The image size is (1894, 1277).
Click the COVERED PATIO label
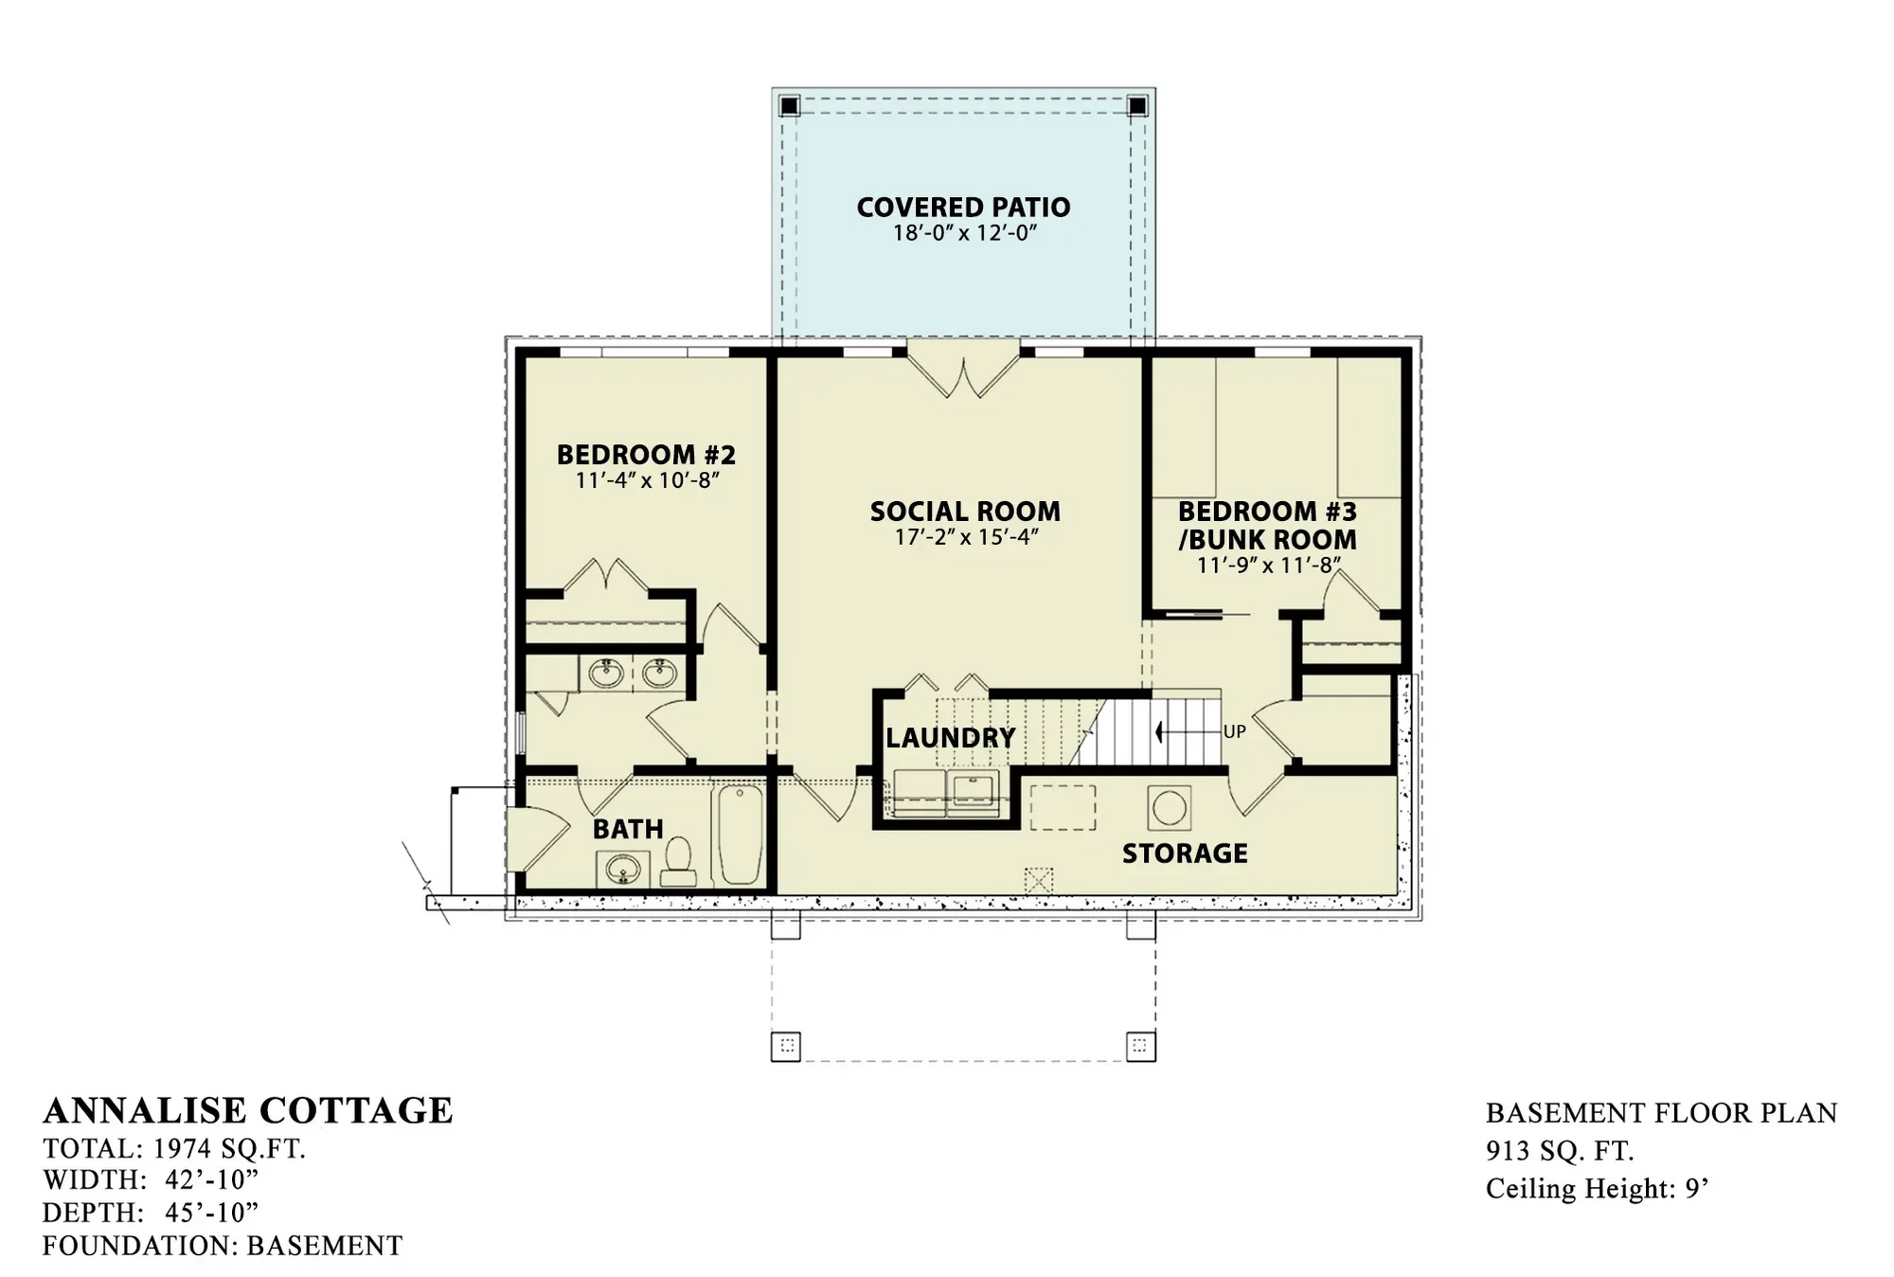(963, 207)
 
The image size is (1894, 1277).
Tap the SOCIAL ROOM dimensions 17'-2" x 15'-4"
(966, 537)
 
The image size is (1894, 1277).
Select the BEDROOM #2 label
(646, 455)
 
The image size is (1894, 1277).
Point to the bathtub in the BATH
(739, 835)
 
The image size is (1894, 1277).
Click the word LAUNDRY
(950, 738)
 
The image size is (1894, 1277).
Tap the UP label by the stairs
(1234, 731)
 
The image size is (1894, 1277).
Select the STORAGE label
(1184, 854)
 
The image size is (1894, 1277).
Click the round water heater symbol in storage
(1169, 808)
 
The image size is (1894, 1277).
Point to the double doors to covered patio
(964, 371)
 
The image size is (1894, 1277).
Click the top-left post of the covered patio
(789, 105)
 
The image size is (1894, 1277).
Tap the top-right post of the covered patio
(1138, 105)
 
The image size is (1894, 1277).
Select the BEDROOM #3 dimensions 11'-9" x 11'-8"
(1268, 567)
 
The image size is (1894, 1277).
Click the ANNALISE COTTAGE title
(248, 1110)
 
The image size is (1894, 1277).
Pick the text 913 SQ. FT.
(1560, 1151)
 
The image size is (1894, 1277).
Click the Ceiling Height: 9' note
(1597, 1188)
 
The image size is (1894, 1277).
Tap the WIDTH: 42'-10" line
(151, 1180)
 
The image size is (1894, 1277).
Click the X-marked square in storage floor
(1039, 880)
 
